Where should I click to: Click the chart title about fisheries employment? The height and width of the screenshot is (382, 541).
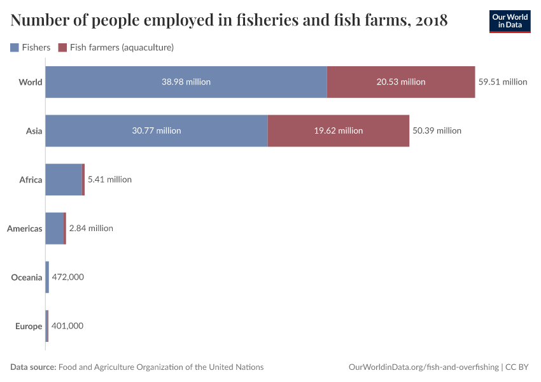[229, 20]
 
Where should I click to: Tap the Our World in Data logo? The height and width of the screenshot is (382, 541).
[510, 21]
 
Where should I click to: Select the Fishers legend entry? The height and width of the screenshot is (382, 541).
[31, 47]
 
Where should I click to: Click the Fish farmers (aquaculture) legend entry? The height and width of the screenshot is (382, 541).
[116, 47]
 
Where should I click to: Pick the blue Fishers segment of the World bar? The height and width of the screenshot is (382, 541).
[186, 81]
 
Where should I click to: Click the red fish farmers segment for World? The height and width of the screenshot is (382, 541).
[401, 81]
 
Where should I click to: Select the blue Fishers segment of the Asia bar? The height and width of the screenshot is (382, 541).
[157, 131]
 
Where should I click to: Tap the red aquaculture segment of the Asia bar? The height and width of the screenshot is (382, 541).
[338, 131]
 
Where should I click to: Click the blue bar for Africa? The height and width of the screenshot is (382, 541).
[64, 180]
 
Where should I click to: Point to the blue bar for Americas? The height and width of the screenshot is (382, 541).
[55, 228]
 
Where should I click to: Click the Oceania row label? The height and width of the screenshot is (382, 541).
[27, 277]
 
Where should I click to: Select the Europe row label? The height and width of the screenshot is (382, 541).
[29, 326]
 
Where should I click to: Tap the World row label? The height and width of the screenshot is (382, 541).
[31, 81]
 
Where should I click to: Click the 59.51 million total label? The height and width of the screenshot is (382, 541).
[503, 81]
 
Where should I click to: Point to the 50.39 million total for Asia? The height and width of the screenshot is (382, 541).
[437, 131]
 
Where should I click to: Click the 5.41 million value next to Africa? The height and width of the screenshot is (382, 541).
[109, 180]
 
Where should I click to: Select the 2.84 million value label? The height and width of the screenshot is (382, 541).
[91, 228]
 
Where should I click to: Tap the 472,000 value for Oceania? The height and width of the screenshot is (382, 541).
[67, 277]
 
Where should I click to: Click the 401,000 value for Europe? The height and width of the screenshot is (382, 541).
[67, 326]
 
